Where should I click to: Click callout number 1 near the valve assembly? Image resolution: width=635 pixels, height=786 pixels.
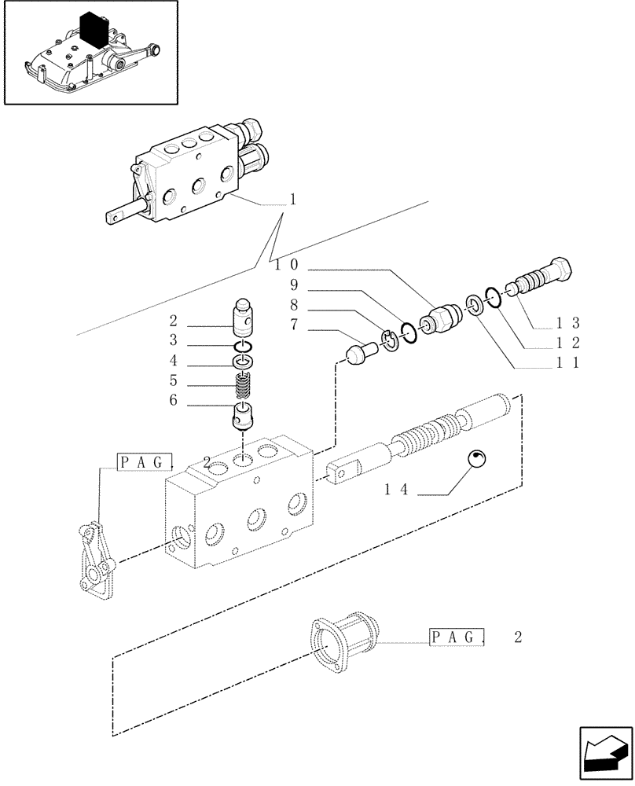(292, 200)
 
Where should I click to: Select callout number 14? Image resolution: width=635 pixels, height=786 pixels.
(397, 489)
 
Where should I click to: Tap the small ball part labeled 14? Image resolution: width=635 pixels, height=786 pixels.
(478, 461)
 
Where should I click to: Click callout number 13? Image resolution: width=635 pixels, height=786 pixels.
(567, 322)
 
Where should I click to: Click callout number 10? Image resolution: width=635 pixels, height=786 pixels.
(284, 266)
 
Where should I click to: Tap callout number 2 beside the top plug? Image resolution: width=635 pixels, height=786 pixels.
(173, 321)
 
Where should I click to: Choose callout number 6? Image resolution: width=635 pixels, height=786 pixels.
(173, 401)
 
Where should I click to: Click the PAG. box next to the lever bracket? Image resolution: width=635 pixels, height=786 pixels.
(138, 463)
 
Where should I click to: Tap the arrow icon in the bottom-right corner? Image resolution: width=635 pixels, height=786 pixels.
(605, 757)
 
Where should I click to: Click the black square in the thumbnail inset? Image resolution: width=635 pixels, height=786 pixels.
(94, 31)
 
